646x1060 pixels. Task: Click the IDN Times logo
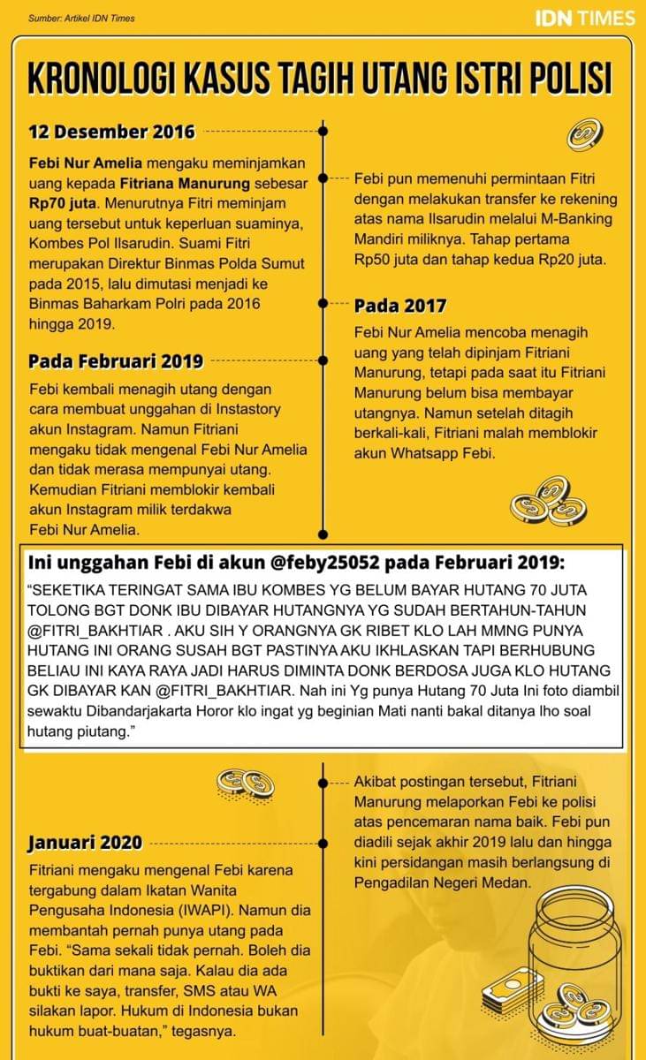click(x=584, y=18)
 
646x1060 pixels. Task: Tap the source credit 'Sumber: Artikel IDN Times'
click(x=81, y=18)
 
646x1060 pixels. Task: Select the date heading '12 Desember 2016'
click(x=111, y=132)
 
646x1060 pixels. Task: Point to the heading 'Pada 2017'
click(x=399, y=306)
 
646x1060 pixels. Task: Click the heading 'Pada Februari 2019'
click(x=116, y=360)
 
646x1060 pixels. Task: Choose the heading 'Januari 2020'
click(x=85, y=843)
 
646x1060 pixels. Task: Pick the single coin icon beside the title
click(x=585, y=133)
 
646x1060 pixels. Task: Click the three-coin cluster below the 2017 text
click(x=549, y=502)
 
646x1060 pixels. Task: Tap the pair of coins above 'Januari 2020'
click(x=245, y=783)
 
